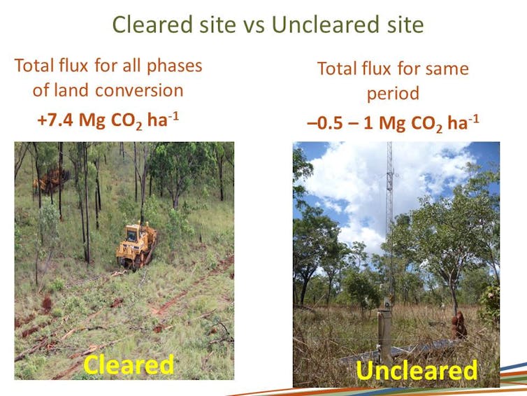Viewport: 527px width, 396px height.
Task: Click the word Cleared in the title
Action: (x=153, y=24)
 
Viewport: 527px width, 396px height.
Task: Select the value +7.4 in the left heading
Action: (x=55, y=120)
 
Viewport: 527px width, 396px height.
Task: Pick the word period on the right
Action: (x=393, y=94)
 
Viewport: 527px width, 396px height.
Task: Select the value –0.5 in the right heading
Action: (x=326, y=123)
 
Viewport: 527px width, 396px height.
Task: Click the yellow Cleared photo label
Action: (x=129, y=365)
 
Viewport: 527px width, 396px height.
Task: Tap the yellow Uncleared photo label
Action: (x=417, y=370)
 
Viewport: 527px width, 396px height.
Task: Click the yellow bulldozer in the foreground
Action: (x=136, y=246)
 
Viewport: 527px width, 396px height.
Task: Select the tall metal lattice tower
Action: (x=389, y=219)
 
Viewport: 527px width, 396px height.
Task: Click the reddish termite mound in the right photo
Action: (x=459, y=325)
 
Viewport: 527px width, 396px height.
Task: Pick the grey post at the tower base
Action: (x=384, y=337)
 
